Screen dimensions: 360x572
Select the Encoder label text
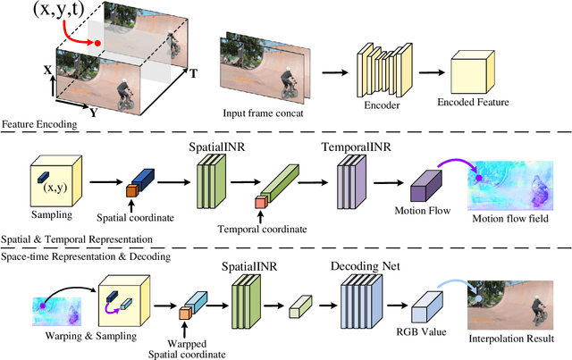point(374,103)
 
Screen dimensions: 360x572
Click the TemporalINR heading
point(355,144)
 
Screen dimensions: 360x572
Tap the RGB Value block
point(422,310)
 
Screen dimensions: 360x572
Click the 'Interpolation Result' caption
point(513,339)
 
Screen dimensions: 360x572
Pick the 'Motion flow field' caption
point(509,219)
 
